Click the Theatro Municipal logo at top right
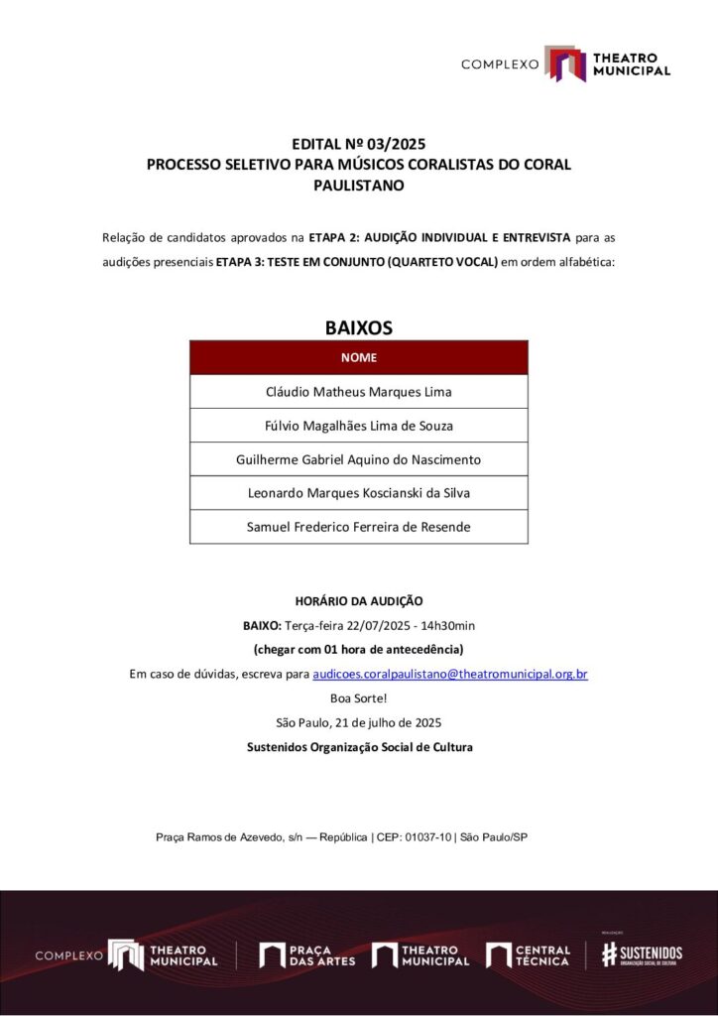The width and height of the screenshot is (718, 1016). tap(606, 63)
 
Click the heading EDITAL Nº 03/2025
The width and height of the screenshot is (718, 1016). tap(358, 145)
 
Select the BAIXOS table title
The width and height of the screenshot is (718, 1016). tap(358, 326)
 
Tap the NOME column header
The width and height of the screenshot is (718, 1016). tap(358, 357)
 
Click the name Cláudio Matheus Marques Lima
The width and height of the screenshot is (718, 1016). tap(358, 392)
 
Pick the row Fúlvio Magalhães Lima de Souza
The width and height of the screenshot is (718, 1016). tap(358, 426)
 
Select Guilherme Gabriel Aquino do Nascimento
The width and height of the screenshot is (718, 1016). tap(358, 459)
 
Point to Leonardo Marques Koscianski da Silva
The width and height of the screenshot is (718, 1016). tap(358, 493)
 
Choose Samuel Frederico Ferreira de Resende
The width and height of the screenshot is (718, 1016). tap(358, 527)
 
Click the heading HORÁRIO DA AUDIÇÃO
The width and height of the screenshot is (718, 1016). tap(359, 600)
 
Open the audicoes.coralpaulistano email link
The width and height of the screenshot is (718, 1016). tap(449, 674)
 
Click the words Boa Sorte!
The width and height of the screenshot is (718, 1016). tap(359, 698)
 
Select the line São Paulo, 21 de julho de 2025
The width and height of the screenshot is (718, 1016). tap(359, 722)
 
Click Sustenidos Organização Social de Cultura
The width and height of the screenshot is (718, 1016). tap(359, 746)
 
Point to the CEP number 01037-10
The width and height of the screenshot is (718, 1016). tap(427, 837)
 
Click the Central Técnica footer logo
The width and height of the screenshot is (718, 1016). tap(528, 955)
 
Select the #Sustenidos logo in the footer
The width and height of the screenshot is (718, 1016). tap(642, 953)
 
